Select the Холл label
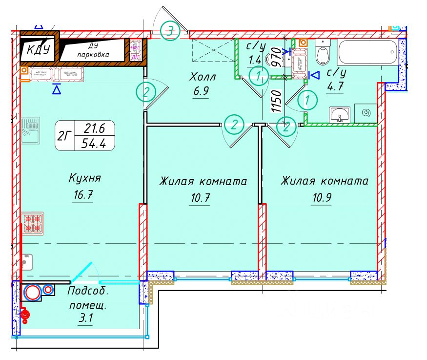(x=203, y=77)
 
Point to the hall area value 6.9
(x=200, y=91)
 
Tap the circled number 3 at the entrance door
(x=169, y=31)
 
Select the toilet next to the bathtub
(x=323, y=53)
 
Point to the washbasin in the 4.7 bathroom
(x=340, y=115)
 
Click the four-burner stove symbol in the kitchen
(x=32, y=222)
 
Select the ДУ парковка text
(x=93, y=51)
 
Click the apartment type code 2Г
(x=63, y=136)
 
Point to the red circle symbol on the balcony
(x=33, y=293)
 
